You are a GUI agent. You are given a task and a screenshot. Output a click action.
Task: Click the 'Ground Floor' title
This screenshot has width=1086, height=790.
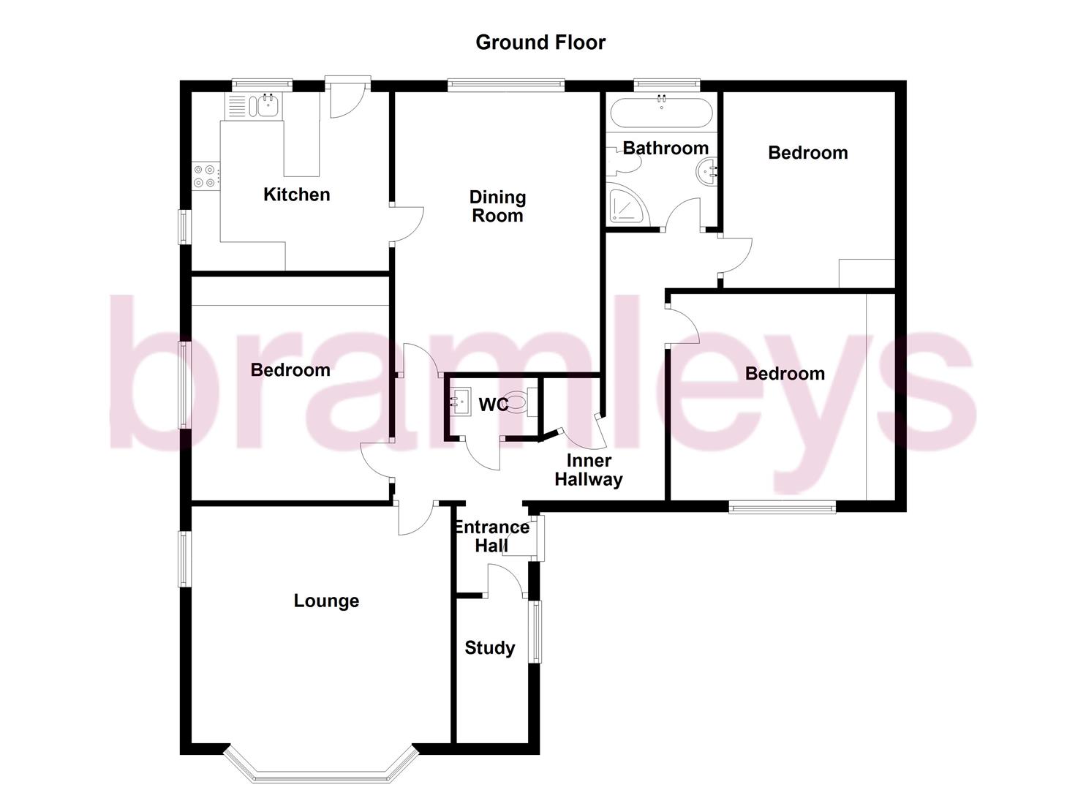coord(540,42)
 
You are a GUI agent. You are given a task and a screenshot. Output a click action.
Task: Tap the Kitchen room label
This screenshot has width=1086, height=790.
coord(296,195)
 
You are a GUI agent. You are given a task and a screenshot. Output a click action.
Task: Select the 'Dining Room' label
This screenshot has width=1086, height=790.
coord(497,206)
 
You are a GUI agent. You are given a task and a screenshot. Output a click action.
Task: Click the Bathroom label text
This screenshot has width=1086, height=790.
coord(665,148)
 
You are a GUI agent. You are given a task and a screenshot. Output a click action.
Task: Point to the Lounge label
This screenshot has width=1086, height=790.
coord(326,601)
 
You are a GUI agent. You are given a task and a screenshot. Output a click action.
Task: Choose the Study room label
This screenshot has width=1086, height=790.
coord(490,648)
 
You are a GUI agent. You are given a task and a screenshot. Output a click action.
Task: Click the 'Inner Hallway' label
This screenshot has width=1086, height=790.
coord(589,470)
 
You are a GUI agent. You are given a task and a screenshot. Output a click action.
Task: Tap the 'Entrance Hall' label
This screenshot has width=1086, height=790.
coord(491,536)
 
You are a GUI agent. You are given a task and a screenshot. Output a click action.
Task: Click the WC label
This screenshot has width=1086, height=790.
coord(491,405)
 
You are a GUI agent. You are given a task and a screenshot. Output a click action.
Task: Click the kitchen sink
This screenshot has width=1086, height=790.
coord(266,107)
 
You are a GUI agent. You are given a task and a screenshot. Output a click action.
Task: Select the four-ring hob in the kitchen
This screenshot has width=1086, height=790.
coord(204,176)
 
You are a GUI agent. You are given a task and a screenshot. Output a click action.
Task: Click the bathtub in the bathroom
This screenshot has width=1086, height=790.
coord(661,113)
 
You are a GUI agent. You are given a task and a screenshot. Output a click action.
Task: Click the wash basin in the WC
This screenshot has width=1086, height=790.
coord(459,401)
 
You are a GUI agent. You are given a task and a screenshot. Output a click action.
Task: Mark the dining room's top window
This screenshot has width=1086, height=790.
coord(506,85)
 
